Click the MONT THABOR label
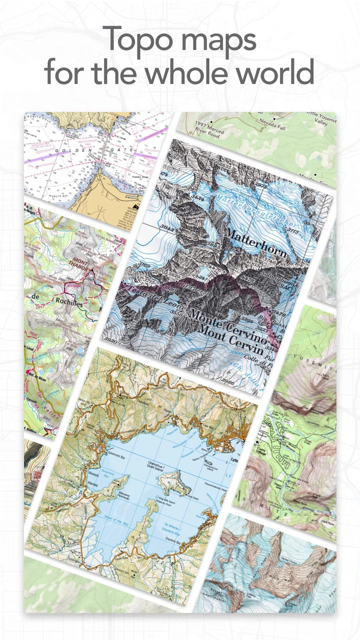(80, 264)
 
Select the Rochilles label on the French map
(69, 302)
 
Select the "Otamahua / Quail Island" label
(155, 465)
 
